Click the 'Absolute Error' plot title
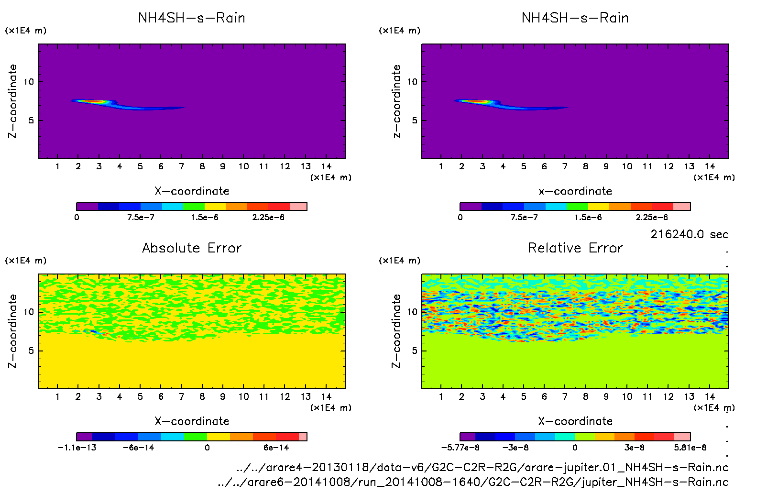coord(192,248)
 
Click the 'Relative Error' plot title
coord(575,248)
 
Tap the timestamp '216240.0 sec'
coord(689,234)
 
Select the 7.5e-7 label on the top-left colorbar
coord(141,217)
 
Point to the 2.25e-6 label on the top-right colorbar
coord(652,217)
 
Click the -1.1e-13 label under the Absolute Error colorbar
coord(77,448)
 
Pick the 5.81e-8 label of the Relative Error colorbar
coord(690,448)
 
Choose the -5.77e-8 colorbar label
coord(460,448)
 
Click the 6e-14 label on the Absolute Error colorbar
coord(276,448)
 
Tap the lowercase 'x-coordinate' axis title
coord(575,191)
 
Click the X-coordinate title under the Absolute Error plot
coord(192,421)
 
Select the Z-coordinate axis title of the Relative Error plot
coord(396,331)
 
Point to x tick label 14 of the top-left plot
coord(326,166)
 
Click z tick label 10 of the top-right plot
coord(412,82)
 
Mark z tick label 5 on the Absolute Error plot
coord(31,351)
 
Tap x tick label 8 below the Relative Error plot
coord(585,396)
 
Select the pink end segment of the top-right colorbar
coord(682,207)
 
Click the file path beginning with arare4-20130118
coord(482,467)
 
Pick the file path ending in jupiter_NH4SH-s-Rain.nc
coord(473,482)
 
